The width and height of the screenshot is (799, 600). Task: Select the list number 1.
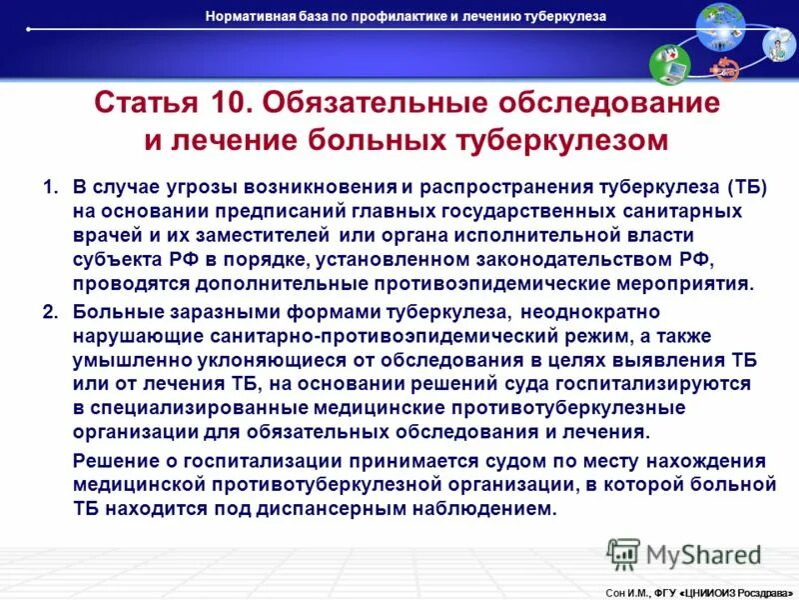coord(49,187)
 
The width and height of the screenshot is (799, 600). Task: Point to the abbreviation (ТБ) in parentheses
coord(743,187)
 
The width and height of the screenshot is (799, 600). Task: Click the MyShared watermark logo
coord(684,554)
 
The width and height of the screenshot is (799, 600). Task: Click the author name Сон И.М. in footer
coord(626,592)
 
